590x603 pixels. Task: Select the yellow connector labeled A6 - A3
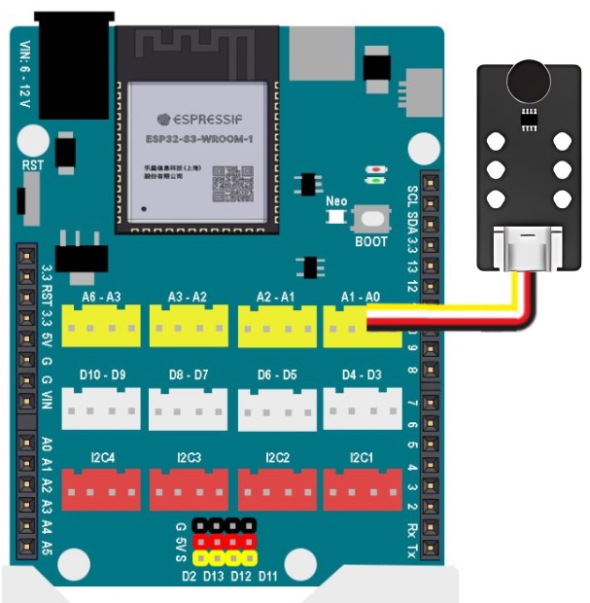[101, 325]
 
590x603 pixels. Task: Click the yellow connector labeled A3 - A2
[189, 325]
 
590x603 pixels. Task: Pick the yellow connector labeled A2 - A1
[276, 325]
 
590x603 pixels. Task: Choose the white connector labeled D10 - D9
[101, 408]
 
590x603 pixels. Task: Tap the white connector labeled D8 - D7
[189, 408]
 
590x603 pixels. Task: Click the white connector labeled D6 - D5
[276, 408]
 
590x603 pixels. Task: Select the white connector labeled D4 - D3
[362, 408]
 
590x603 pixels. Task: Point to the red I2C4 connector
[101, 489]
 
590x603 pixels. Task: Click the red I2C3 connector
[189, 489]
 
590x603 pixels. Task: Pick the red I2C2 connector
[276, 489]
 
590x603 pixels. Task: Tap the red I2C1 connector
[362, 489]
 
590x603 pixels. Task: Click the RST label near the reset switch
[33, 165]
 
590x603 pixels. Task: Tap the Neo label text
[336, 201]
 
